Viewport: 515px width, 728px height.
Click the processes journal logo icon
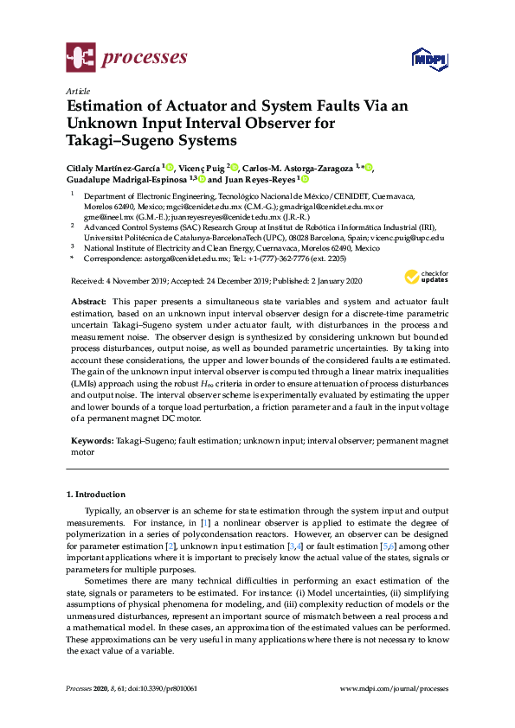[x=80, y=58]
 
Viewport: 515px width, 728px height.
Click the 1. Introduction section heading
[x=96, y=495]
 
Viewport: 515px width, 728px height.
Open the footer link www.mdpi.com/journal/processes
[x=395, y=689]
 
